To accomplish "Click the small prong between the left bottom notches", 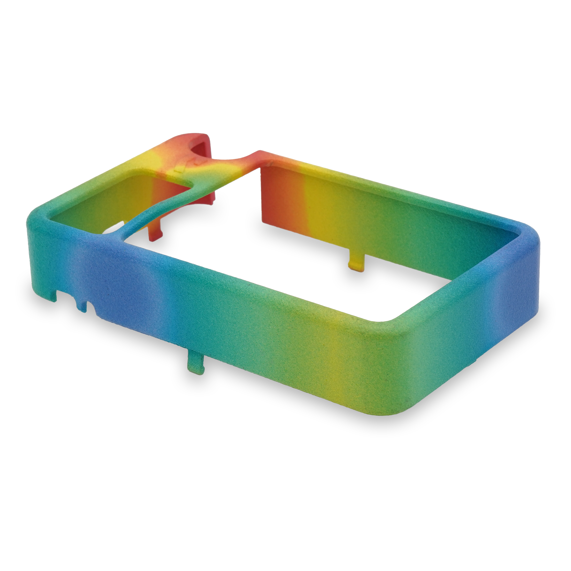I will tap(80, 306).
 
